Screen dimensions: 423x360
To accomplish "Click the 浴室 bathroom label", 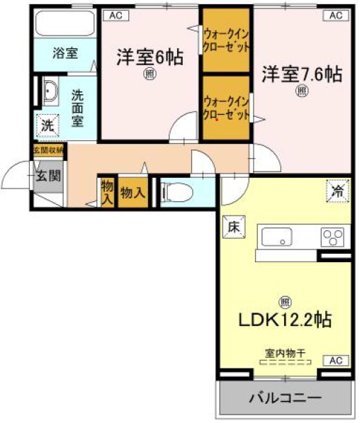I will pos(66,53).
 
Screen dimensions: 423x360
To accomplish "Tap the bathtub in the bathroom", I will pos(65,25).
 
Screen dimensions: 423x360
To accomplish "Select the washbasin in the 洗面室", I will pos(50,94).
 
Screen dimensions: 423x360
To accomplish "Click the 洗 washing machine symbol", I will pos(47,125).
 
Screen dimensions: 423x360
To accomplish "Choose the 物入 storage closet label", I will pos(133,191).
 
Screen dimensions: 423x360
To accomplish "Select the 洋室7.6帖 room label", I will pos(302,74).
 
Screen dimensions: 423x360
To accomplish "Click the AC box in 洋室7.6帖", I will pos(336,15).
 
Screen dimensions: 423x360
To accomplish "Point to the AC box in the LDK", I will pos(336,361).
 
